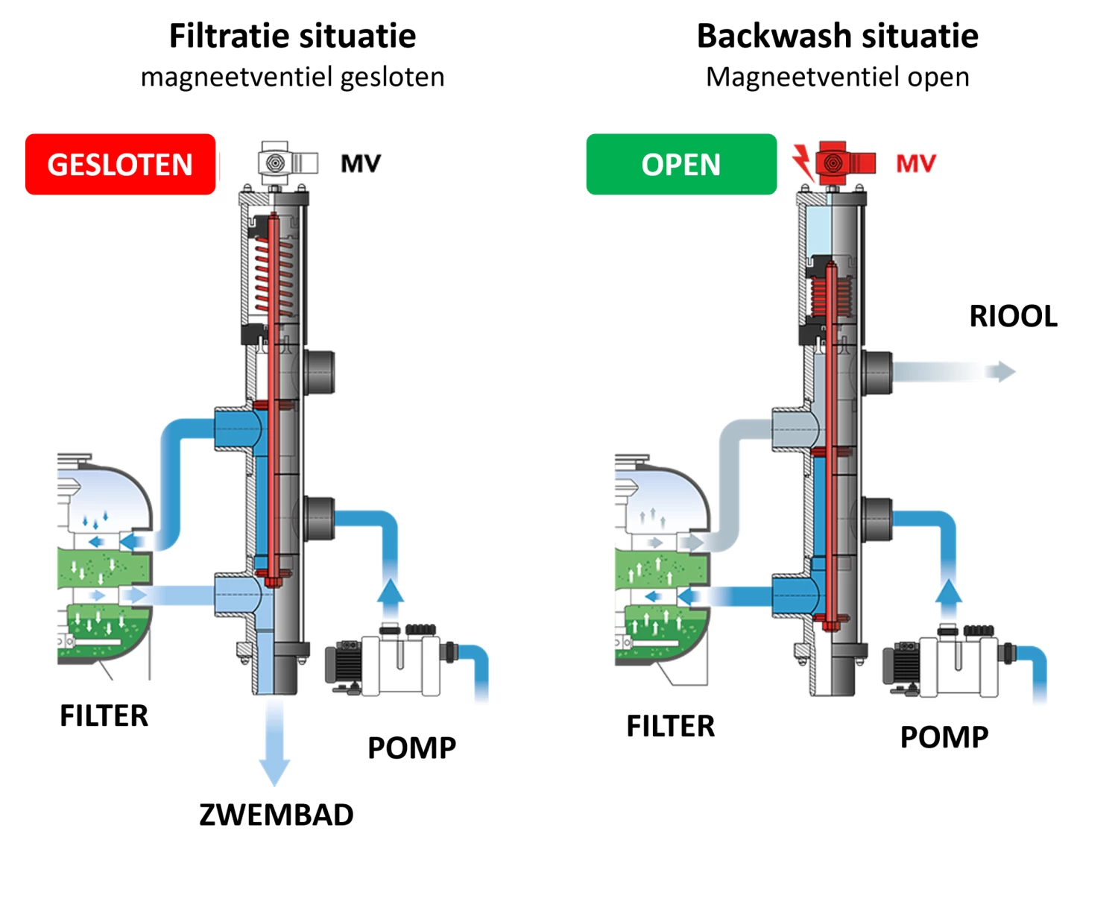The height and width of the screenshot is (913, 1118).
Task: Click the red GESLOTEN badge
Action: tap(120, 165)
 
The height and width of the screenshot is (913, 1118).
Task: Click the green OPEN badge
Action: tap(681, 165)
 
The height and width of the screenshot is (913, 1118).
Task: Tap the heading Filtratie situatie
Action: tap(292, 36)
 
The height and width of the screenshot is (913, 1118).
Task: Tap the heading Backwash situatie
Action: tap(837, 36)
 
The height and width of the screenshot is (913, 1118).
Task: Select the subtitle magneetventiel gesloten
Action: tap(293, 78)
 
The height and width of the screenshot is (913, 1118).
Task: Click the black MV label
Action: tap(361, 163)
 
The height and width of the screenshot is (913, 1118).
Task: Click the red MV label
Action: tap(915, 163)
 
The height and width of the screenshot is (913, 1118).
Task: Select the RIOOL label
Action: tap(1013, 316)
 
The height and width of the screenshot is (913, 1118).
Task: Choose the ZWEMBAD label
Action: tap(276, 815)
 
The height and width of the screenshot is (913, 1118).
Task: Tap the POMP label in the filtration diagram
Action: tap(411, 748)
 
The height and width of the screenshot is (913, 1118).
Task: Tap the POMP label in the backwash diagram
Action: tap(944, 737)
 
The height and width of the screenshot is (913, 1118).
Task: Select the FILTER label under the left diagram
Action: tap(104, 716)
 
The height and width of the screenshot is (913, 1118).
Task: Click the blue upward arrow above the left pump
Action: tap(390, 593)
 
